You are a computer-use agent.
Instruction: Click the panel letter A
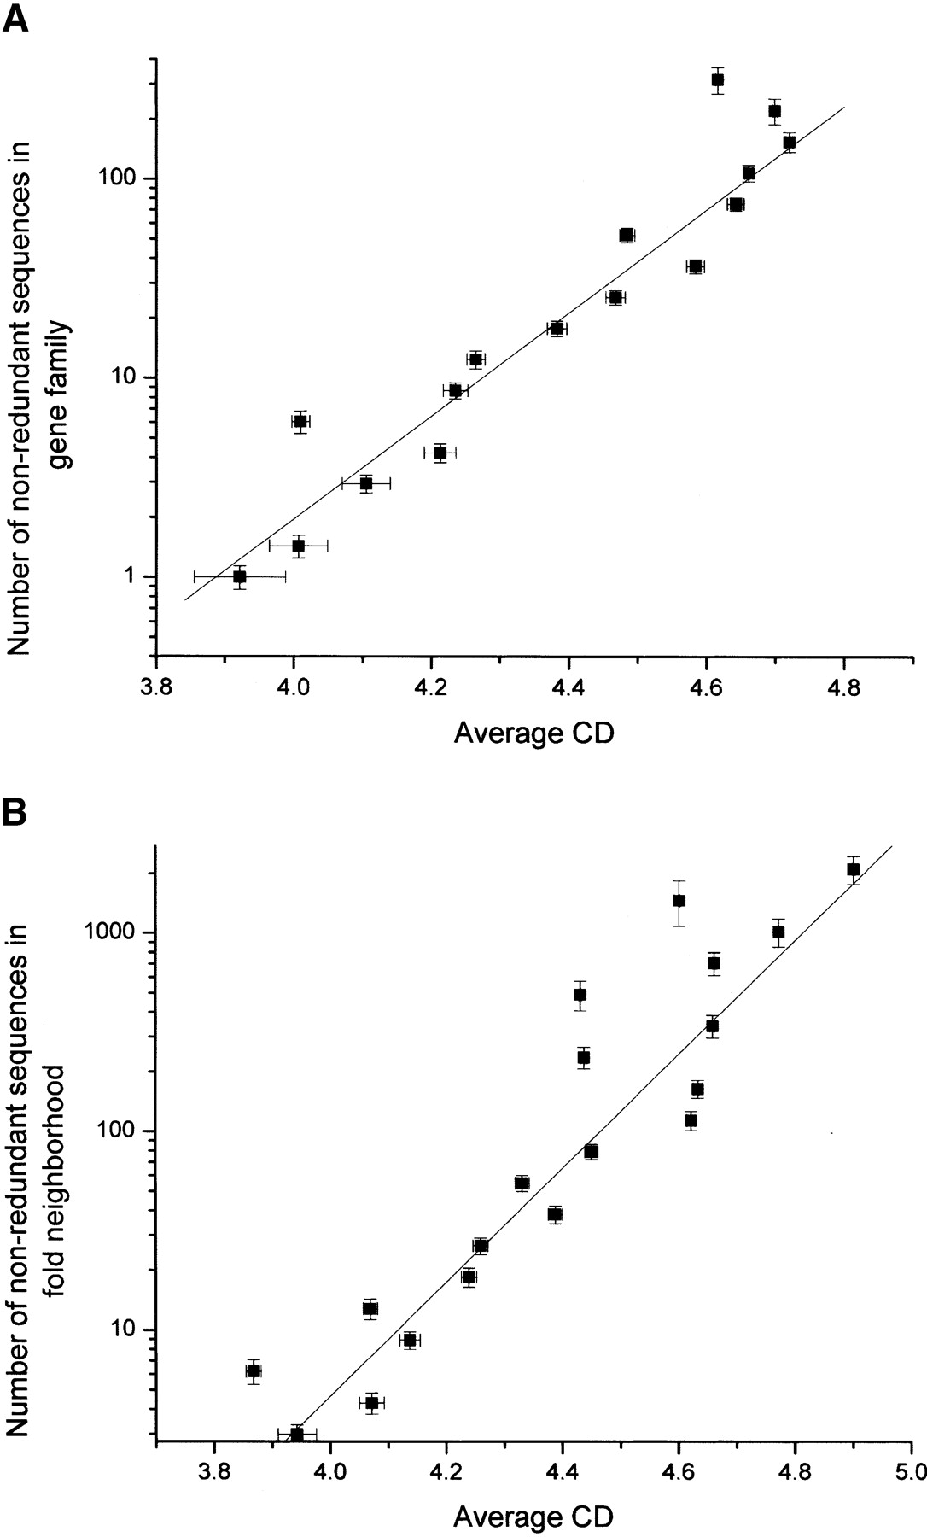coord(17,16)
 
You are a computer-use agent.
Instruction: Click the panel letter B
coord(16,812)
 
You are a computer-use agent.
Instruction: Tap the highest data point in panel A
coord(718,80)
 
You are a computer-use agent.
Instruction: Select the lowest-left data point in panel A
coord(240,576)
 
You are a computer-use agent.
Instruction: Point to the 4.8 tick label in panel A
coord(843,687)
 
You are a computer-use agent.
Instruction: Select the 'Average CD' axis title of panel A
coord(533,733)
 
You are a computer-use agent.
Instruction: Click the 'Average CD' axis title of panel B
coord(533,1516)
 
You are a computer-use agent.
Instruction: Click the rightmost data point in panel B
coord(853,869)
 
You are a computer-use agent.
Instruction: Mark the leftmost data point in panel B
coord(254,1371)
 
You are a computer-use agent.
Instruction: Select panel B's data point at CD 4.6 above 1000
coord(679,900)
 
